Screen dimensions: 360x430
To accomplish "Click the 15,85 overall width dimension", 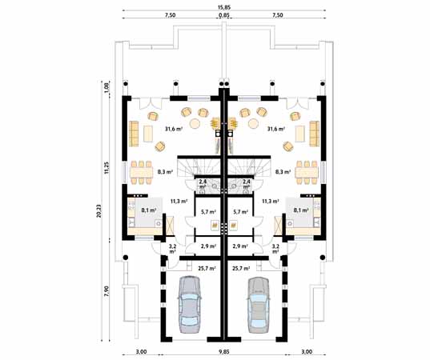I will [x=223, y=7].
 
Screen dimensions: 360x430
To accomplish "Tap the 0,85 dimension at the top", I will [x=223, y=15].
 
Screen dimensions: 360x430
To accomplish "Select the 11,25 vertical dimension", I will [x=107, y=167].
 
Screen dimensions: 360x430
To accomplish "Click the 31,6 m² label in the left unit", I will [x=173, y=128].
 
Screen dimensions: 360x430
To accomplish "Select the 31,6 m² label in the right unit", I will [x=275, y=128].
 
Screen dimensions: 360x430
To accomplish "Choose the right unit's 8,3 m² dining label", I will [x=282, y=171].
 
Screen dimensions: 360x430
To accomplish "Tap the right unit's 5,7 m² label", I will [x=239, y=211].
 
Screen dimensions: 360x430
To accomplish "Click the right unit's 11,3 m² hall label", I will [x=270, y=201].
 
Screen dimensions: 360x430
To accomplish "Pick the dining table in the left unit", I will [x=141, y=170].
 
